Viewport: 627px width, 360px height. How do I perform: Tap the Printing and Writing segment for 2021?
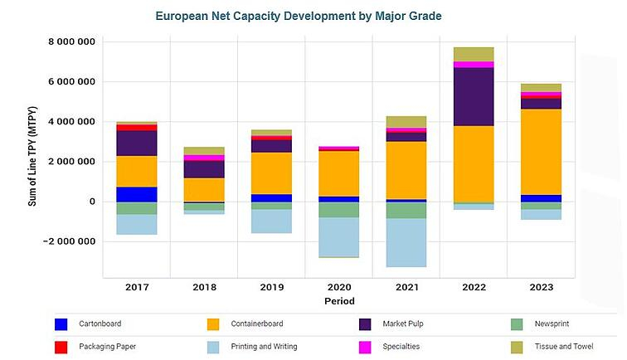point(407,242)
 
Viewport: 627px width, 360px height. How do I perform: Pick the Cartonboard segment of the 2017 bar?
point(137,194)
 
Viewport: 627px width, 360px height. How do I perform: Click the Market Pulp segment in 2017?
point(137,143)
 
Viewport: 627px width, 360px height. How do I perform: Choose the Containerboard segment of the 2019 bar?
point(272,173)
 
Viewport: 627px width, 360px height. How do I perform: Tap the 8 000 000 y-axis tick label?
point(72,42)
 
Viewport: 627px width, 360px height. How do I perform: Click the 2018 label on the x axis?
point(204,287)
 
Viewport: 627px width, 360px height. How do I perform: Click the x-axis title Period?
point(340,301)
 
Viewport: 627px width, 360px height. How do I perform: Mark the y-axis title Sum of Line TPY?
point(33,161)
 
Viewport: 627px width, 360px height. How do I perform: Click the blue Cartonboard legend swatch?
point(61,325)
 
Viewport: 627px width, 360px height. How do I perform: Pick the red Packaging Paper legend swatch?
point(61,346)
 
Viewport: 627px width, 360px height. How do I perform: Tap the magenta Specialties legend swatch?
point(366,346)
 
